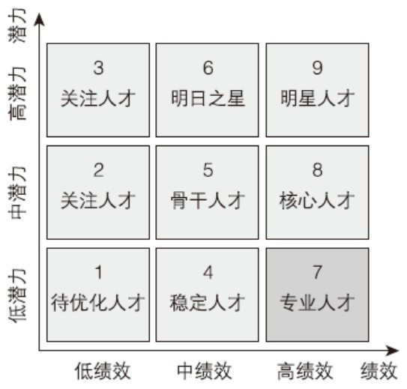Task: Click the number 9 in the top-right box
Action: coord(318,67)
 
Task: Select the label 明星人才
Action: coord(317,98)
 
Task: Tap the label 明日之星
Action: coord(208,98)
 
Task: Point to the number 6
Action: coord(208,67)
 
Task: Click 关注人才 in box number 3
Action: coord(98,98)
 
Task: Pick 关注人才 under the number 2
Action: coord(98,201)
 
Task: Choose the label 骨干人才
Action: coord(208,201)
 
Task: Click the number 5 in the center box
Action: coord(208,170)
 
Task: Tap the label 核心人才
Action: coord(317,201)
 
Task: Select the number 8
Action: coord(318,170)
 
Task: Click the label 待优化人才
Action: coord(97,303)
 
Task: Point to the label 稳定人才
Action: coord(208,303)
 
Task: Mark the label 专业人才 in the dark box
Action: coord(317,303)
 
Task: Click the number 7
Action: coord(318,272)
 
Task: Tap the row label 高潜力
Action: coord(18,94)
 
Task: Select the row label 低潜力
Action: coord(18,296)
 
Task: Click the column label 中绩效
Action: coord(205,371)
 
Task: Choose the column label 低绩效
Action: coord(103,371)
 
